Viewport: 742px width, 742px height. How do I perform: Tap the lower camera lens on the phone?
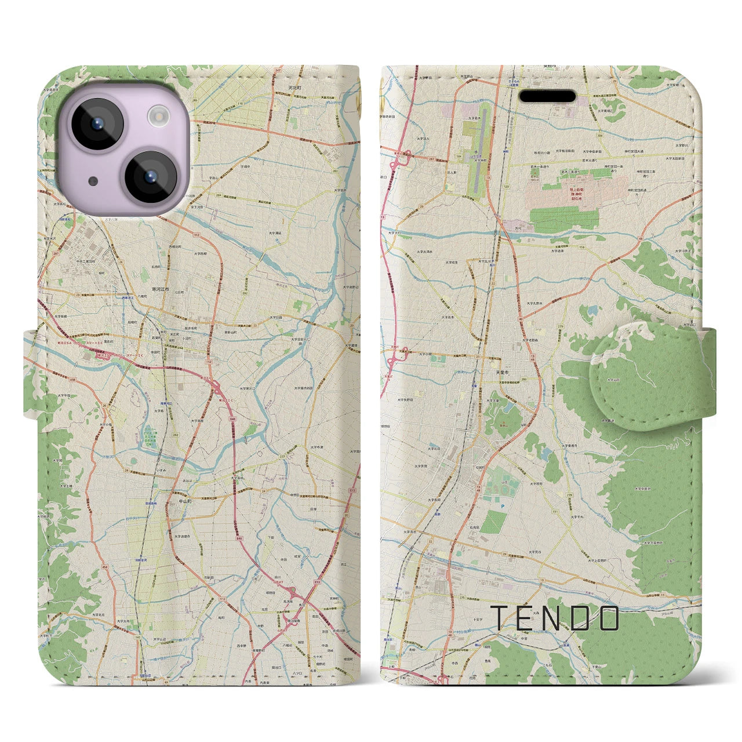150,177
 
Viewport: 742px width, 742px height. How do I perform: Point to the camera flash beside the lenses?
158,118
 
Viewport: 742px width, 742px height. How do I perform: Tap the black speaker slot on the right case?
547,96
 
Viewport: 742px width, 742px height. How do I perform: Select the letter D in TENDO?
580,619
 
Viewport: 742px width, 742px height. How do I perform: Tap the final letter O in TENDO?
609,619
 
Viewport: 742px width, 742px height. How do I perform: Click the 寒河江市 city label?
157,289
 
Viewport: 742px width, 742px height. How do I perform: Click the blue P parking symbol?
503,505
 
